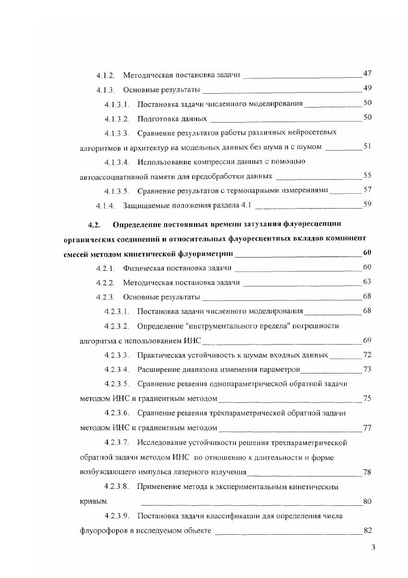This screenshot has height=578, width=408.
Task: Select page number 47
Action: (x=367, y=74)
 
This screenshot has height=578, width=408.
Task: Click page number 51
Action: (x=367, y=146)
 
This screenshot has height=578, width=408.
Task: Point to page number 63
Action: (x=367, y=282)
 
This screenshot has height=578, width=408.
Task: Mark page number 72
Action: (x=367, y=355)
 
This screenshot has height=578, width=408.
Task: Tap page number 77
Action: (x=367, y=428)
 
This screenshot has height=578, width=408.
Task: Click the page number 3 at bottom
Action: (x=374, y=548)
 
